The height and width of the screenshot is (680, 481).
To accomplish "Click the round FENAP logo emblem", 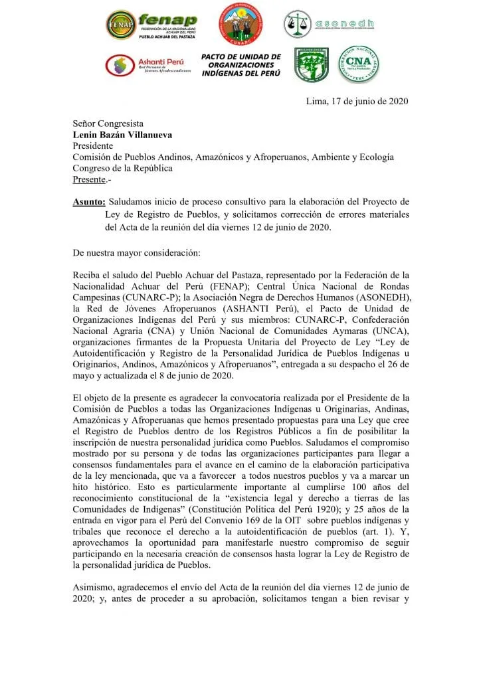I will [x=120, y=25].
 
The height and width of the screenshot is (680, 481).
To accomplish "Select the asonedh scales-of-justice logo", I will [x=297, y=24].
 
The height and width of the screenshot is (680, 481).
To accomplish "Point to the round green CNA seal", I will [x=359, y=64].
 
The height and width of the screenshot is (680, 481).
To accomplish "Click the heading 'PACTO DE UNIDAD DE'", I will [x=241, y=57].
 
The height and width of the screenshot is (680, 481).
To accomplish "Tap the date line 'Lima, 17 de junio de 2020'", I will [x=356, y=102].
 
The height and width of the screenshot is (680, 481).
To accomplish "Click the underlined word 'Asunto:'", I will [x=89, y=202].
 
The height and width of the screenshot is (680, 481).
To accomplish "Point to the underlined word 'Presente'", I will [x=89, y=180].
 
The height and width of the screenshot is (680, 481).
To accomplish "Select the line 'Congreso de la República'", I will [x=123, y=169].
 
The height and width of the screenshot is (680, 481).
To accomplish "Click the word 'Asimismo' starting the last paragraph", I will [x=93, y=586].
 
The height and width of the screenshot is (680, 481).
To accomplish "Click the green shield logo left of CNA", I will [x=311, y=64].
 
